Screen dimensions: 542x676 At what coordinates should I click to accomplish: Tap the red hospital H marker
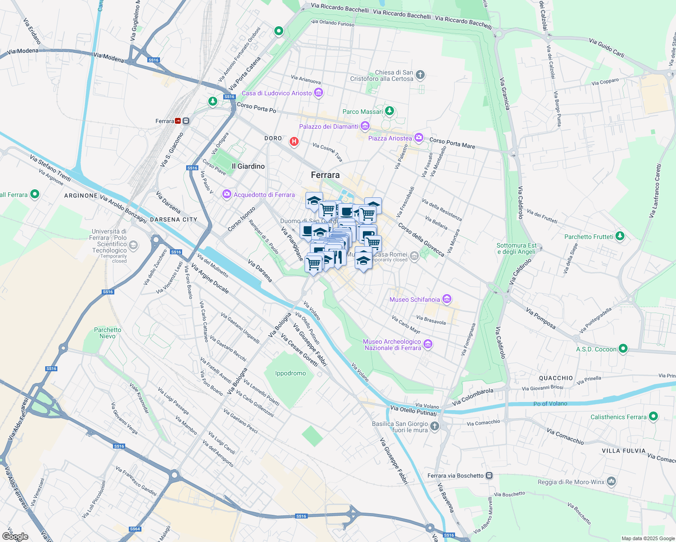294,142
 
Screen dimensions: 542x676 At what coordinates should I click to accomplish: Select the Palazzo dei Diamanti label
329,126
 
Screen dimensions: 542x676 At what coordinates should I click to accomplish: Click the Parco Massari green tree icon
390,111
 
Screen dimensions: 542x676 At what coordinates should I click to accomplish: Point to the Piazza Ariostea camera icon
419,138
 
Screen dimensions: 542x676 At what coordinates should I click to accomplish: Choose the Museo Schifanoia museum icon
447,299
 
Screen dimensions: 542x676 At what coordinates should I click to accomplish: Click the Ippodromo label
291,373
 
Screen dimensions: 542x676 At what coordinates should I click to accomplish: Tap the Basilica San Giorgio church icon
434,426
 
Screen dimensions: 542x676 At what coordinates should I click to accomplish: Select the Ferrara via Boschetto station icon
489,476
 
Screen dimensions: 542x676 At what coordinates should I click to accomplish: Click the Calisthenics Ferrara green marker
653,416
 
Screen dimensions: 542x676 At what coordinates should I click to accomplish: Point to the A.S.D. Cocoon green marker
623,349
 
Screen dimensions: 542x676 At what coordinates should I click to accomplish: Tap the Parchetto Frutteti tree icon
620,236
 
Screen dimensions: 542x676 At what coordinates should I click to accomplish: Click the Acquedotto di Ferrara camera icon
226,195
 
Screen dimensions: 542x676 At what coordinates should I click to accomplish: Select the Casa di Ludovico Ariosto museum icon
319,93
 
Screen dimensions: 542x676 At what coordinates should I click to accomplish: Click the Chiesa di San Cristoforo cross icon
420,75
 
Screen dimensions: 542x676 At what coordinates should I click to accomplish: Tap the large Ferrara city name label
325,175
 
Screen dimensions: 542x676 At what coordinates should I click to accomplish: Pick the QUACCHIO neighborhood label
556,378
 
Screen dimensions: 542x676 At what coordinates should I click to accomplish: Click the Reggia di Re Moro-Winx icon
611,481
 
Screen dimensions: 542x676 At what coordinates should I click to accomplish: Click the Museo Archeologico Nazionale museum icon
428,345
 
